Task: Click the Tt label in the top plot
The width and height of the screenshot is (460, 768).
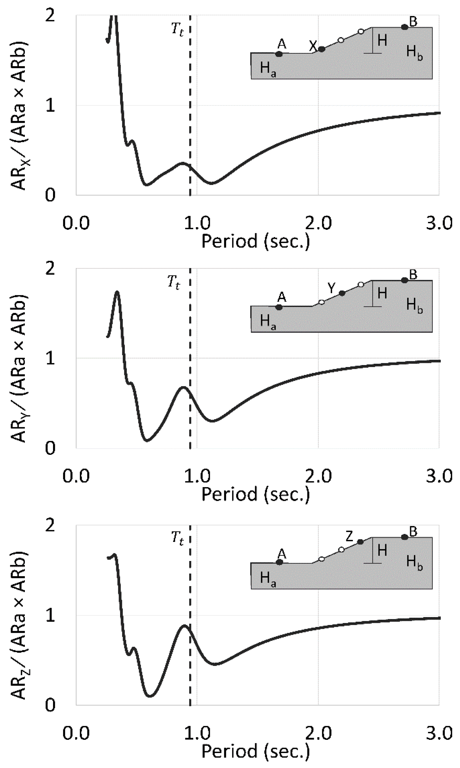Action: [178, 30]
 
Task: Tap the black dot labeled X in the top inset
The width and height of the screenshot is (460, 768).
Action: [321, 49]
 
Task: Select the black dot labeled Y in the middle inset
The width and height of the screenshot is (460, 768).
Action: [342, 293]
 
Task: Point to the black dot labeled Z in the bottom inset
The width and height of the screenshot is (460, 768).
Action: [360, 541]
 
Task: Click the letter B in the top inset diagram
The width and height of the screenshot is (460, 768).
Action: [413, 22]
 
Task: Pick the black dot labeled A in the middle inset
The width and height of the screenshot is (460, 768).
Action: [279, 307]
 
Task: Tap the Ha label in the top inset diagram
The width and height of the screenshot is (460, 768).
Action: [268, 69]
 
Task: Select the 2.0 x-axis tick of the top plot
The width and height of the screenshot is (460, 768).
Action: [318, 223]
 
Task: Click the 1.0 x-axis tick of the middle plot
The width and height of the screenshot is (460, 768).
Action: [197, 476]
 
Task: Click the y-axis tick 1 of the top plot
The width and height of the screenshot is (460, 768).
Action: [50, 106]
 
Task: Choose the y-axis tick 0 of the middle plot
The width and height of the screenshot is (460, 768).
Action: [50, 448]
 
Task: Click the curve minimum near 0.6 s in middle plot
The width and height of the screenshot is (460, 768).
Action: [147, 440]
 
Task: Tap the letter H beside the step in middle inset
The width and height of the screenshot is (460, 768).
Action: [382, 293]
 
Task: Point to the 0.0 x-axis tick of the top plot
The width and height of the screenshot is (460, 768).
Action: [76, 223]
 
